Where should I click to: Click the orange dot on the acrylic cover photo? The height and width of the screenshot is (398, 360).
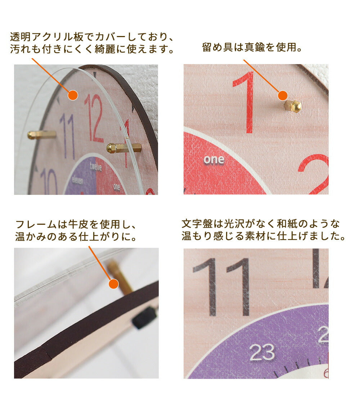click(73, 95)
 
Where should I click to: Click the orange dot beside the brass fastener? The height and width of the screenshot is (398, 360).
click(283, 96)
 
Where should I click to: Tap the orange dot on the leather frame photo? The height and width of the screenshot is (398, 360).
click(113, 284)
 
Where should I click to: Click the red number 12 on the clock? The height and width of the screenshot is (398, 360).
click(94, 118)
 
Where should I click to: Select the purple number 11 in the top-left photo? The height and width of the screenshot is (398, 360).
click(68, 136)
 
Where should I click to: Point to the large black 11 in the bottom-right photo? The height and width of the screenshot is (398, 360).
click(221, 287)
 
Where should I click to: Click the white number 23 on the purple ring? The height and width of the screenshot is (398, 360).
click(262, 352)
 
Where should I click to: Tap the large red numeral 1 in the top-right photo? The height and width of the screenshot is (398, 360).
click(244, 102)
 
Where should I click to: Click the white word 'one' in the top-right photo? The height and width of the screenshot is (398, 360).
click(214, 160)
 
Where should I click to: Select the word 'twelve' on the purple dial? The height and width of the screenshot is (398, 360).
click(96, 167)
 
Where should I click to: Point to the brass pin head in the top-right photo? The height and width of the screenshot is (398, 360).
click(293, 106)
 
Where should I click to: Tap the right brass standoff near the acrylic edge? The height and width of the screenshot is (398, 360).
click(123, 148)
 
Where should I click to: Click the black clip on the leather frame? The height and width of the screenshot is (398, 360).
click(144, 317)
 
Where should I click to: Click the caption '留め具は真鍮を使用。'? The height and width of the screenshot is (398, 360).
click(252, 47)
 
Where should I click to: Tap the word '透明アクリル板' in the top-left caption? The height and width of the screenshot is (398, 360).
click(47, 37)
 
